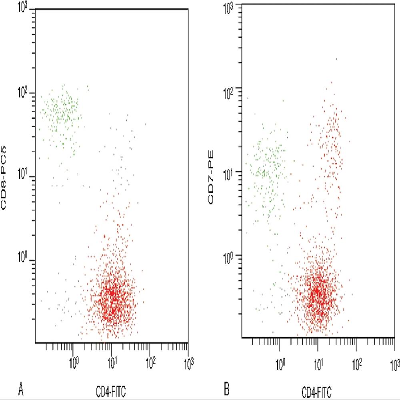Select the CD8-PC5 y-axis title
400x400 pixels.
(7, 180)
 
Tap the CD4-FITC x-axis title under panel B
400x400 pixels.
(316, 390)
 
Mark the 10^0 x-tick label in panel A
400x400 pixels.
(74, 363)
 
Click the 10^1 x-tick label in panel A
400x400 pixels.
(113, 363)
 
